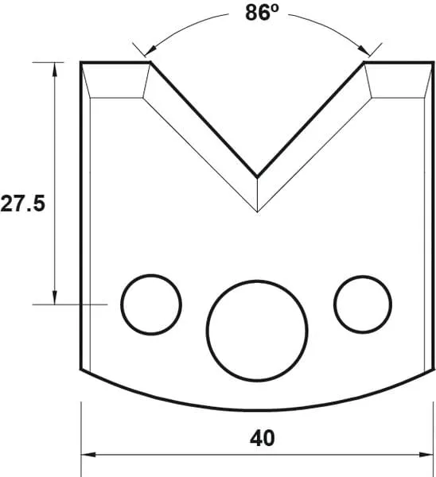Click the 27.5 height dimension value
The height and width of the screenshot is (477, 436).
(x=22, y=205)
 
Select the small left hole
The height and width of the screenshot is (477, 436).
(x=151, y=304)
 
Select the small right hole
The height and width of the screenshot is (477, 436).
(x=363, y=304)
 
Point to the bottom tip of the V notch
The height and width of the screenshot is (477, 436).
(x=256, y=176)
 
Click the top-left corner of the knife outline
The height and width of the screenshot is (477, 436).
(x=81, y=62)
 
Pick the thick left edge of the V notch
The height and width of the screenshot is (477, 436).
(x=204, y=118)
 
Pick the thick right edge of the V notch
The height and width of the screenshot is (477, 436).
(x=310, y=118)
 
